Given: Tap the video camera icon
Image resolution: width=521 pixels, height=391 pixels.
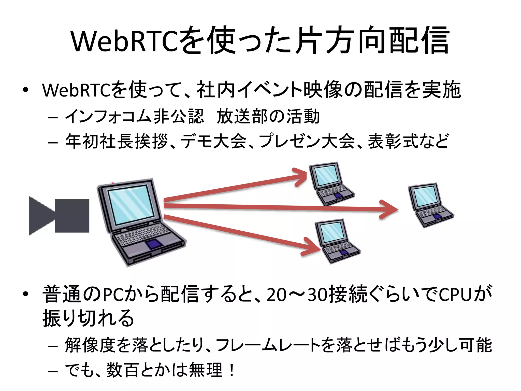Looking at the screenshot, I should (x=59, y=216).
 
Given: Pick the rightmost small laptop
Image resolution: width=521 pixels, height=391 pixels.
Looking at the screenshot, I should (x=430, y=205).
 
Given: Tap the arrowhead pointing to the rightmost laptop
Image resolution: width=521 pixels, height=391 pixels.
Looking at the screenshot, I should (x=389, y=210).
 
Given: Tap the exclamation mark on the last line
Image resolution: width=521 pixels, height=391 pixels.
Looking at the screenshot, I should (x=231, y=370).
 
